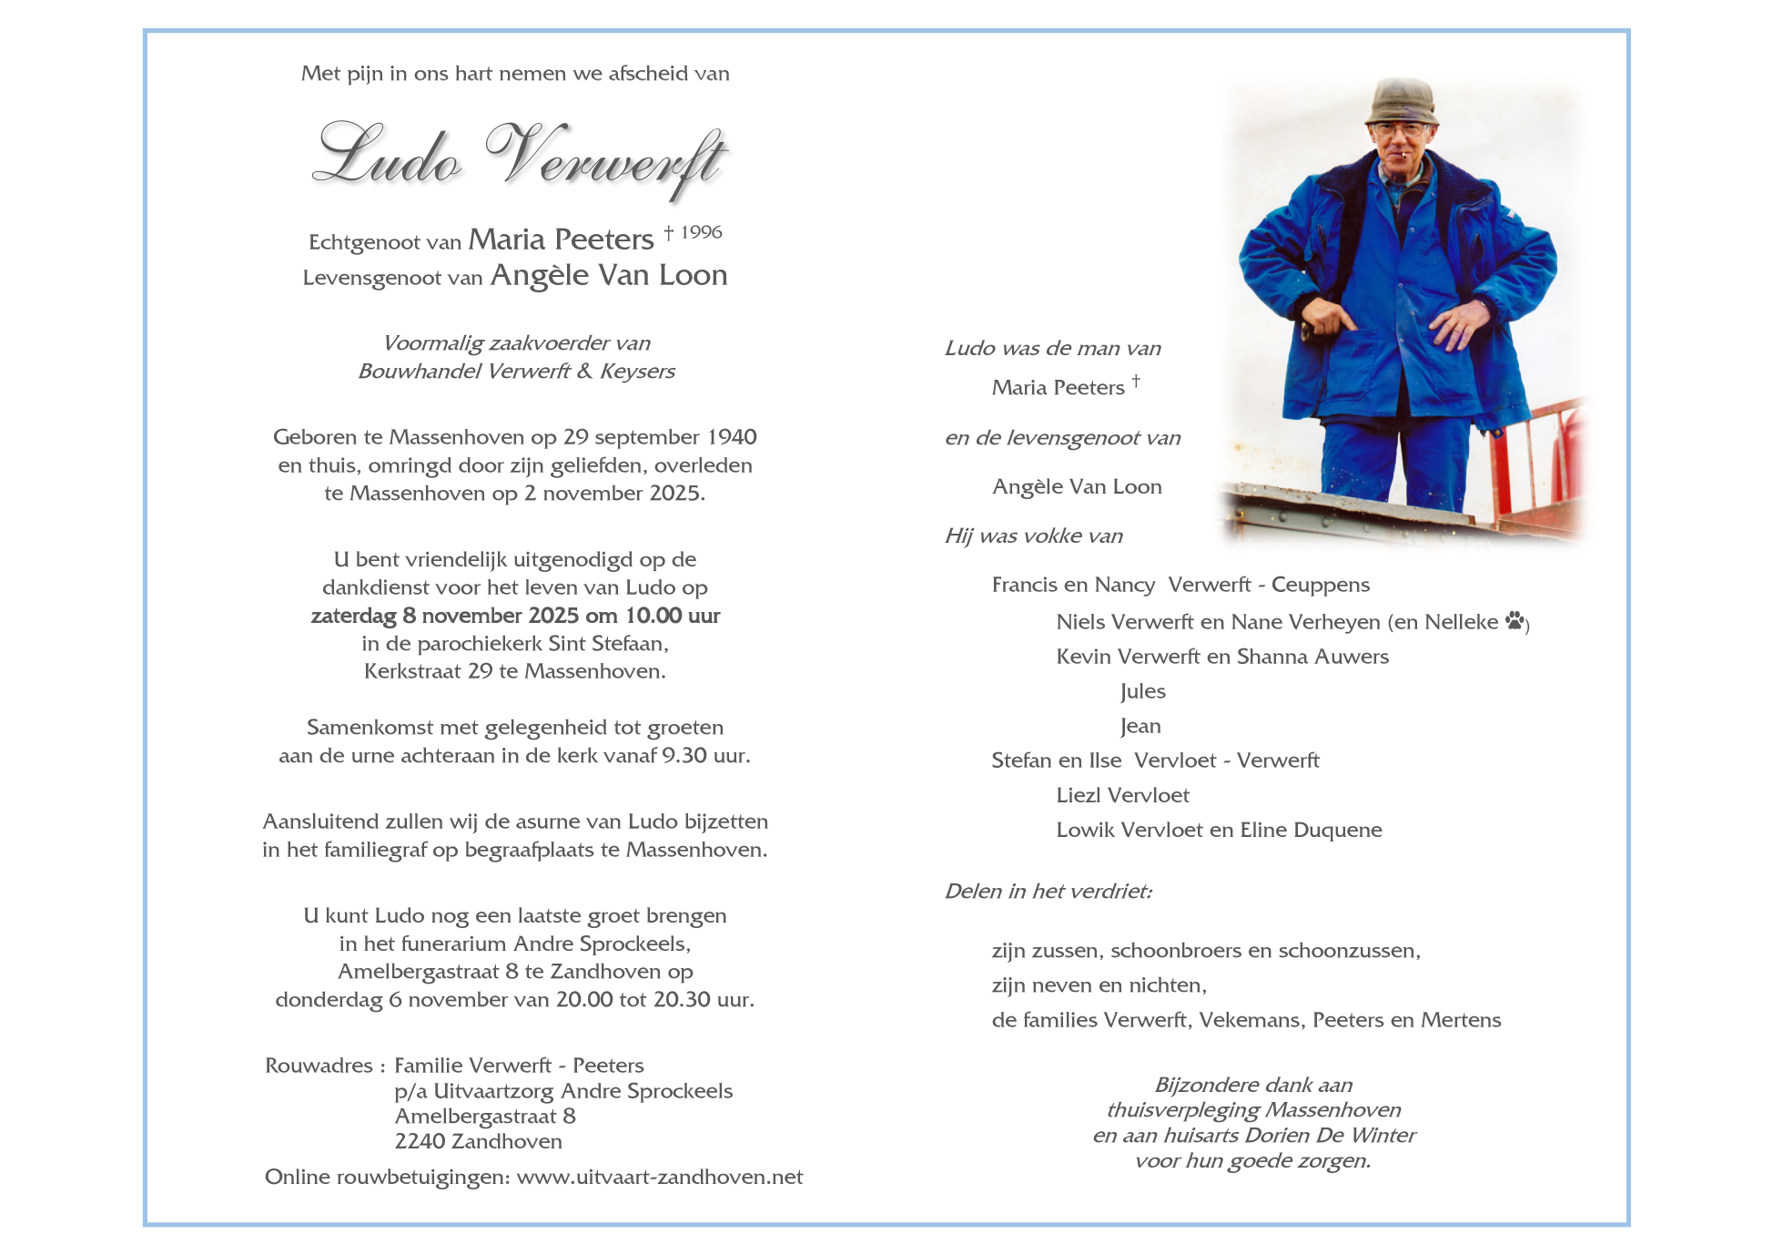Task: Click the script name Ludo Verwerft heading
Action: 520,157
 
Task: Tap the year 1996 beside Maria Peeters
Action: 701,232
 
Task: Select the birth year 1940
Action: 732,437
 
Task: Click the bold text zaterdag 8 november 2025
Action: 444,616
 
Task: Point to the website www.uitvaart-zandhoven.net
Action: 660,1177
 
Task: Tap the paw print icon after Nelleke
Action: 1515,621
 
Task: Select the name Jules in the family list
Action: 1143,691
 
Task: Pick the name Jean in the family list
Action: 1141,726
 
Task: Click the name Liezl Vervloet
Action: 1122,795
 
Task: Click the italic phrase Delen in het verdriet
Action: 1048,891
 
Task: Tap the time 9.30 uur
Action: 706,756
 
